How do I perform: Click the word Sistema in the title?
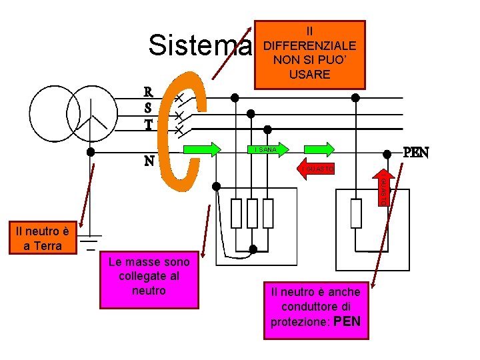click(x=201, y=46)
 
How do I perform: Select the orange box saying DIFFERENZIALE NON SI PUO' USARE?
click(x=309, y=53)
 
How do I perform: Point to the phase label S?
click(x=149, y=107)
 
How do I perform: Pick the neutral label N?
click(x=150, y=161)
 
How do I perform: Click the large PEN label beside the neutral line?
click(x=415, y=152)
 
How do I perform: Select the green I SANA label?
click(x=266, y=149)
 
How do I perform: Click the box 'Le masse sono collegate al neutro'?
click(x=149, y=279)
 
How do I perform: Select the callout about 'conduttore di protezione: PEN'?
click(x=315, y=307)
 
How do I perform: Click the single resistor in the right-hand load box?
click(x=356, y=213)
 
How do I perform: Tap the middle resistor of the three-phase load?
click(x=252, y=213)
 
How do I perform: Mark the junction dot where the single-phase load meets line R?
click(x=356, y=97)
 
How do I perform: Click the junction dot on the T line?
click(x=267, y=129)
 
